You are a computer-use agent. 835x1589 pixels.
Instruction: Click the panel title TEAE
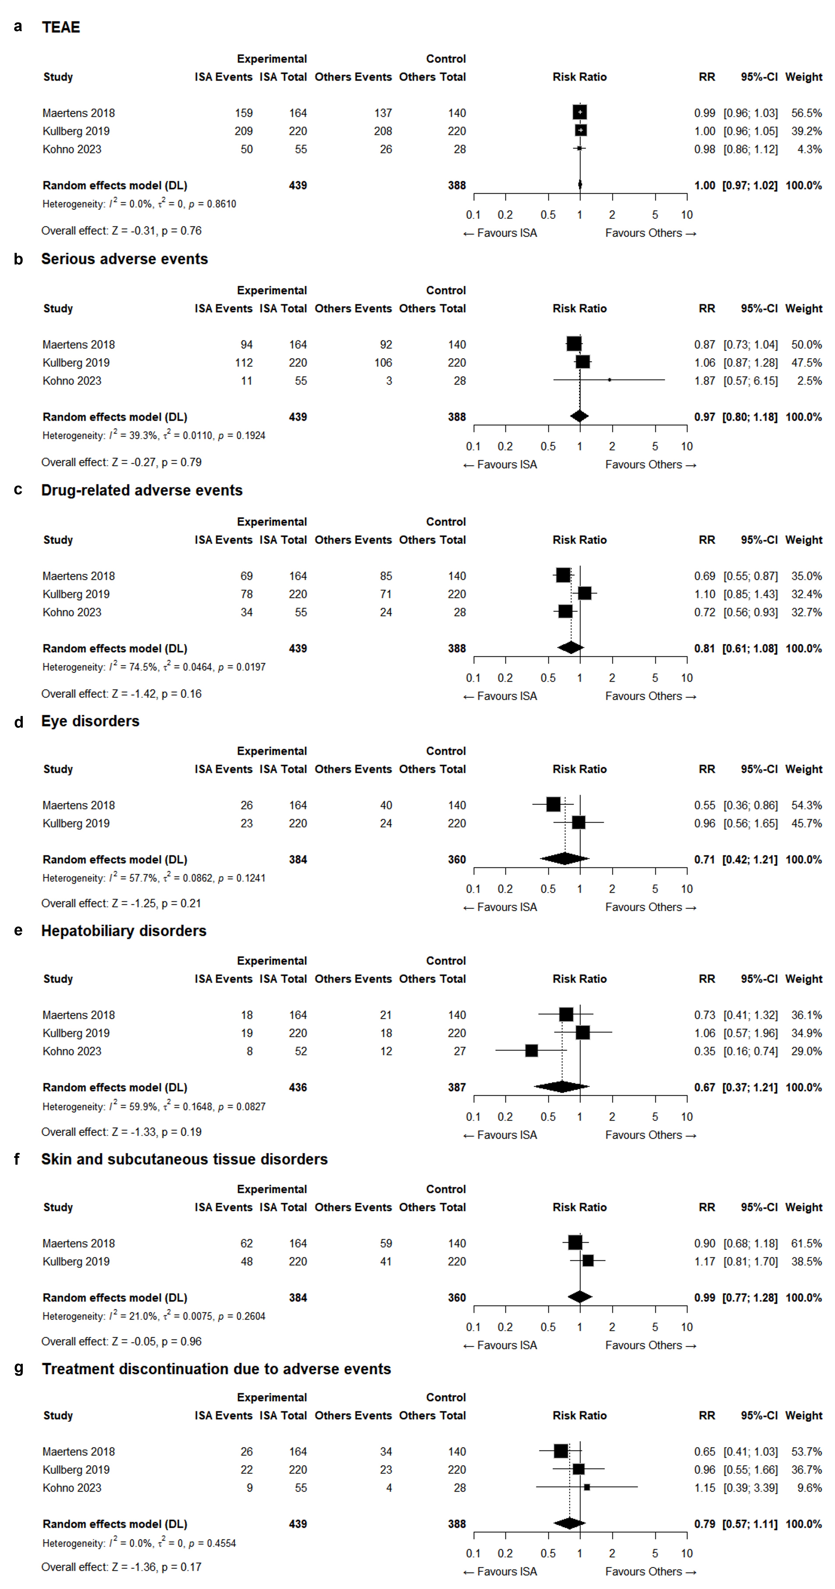point(60,27)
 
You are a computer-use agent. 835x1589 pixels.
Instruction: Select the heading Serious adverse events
point(124,259)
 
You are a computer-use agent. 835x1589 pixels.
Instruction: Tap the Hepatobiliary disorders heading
point(123,931)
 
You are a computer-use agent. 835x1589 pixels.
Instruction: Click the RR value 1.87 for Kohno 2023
point(704,381)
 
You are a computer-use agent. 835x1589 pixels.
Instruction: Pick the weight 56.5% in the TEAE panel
point(806,113)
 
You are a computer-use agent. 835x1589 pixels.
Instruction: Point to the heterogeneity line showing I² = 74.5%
point(154,667)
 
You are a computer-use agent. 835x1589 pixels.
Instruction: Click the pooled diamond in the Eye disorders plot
point(564,859)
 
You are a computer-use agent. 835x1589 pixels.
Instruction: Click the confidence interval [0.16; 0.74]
point(750,1051)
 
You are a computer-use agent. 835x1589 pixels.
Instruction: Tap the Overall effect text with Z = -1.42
point(121,694)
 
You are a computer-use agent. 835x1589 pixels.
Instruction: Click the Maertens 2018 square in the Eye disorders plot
point(553,804)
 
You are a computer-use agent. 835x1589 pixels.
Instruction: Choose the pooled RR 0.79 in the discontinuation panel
point(704,1524)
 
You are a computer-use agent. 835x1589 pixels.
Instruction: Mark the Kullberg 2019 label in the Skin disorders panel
point(76,1261)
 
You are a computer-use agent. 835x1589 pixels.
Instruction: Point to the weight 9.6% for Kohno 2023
point(809,1488)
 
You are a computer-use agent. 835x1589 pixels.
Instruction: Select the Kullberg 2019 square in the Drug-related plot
point(585,593)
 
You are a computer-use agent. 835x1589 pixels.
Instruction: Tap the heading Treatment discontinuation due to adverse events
point(216,1369)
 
